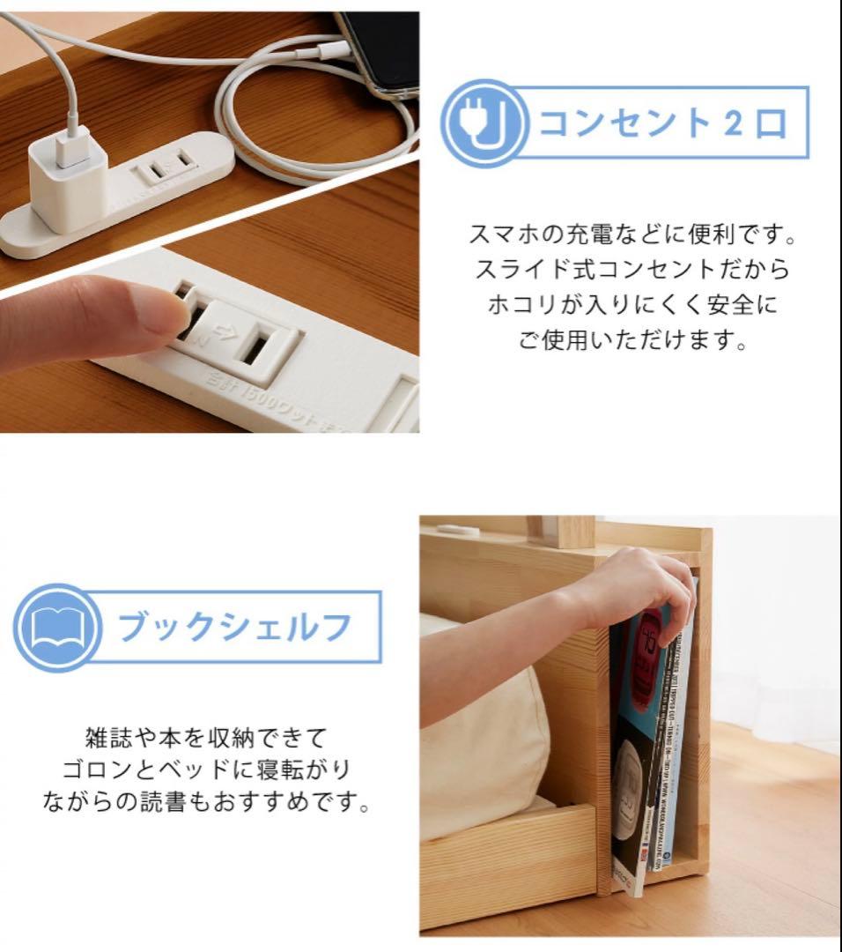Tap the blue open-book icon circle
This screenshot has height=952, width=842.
pos(55,627)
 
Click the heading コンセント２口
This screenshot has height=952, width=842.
pos(661,123)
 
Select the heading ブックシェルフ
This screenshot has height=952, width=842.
pos(235,627)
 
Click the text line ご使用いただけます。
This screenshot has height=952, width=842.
pos(632,340)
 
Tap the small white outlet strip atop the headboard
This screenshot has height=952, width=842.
pos(459,530)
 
